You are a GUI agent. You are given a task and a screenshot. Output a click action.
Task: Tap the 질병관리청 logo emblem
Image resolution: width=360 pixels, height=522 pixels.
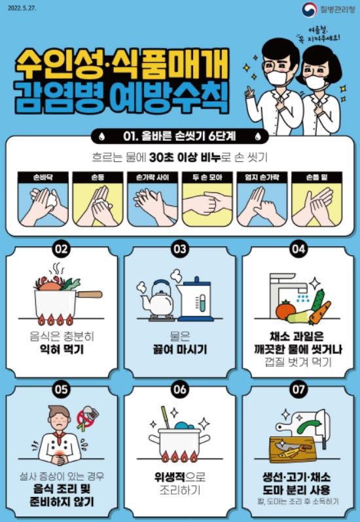pos(308,9)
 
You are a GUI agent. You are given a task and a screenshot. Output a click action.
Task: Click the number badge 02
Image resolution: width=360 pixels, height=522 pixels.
pos(61,249)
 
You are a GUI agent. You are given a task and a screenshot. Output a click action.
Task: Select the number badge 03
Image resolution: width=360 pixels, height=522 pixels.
pos(179,249)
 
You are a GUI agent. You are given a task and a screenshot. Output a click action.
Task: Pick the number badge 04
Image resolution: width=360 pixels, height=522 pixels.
pos(298,249)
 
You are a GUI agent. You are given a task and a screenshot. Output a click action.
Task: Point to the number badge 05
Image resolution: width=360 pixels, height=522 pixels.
pos(61,388)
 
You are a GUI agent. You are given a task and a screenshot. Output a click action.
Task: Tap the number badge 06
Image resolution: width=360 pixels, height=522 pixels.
pos(179,388)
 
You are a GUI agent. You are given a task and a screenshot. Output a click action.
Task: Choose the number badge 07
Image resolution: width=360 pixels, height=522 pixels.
pos(298,388)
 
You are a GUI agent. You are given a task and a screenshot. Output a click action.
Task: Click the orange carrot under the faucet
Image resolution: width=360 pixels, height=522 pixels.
pos(319,314)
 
